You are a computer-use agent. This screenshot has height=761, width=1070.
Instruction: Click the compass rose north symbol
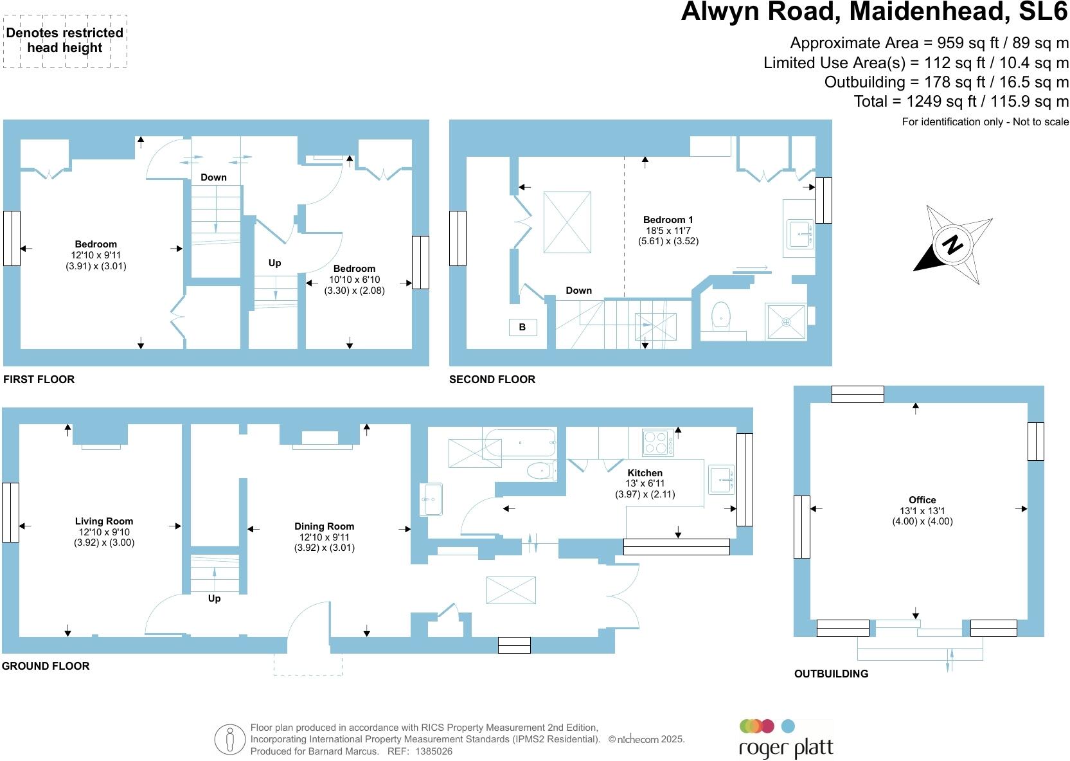[x=954, y=244]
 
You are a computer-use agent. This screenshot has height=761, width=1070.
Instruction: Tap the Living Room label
[x=104, y=522]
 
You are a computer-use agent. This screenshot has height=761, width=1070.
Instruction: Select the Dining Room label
[x=325, y=526]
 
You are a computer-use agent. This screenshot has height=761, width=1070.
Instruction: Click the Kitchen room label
[x=645, y=473]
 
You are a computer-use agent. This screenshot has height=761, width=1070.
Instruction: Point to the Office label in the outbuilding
[x=922, y=500]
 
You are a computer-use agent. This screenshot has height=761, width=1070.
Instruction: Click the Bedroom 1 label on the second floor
[x=668, y=220]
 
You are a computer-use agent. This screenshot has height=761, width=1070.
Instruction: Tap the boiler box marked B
[x=522, y=327]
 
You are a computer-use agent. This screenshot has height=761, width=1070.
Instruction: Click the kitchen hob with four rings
[x=658, y=442]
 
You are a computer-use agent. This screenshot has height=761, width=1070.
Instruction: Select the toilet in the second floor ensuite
[x=722, y=316]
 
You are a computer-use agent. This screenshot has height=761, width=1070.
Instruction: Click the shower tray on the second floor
[x=785, y=322]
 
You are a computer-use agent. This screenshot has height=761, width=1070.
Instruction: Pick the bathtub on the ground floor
[x=519, y=443]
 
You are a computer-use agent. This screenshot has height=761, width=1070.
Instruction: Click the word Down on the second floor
[x=578, y=291]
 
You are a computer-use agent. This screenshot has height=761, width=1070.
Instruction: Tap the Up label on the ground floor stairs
[x=214, y=598]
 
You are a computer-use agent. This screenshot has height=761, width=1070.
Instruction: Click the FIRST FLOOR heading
[x=39, y=379]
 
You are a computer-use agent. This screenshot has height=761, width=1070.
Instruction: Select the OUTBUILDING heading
[x=831, y=674]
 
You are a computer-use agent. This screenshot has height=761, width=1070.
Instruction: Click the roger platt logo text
[x=786, y=749]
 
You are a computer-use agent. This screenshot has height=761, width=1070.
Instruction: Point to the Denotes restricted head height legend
[x=65, y=40]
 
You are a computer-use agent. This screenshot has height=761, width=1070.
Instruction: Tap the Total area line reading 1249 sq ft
[x=961, y=102]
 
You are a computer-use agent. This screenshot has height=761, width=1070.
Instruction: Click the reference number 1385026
[x=434, y=751]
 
